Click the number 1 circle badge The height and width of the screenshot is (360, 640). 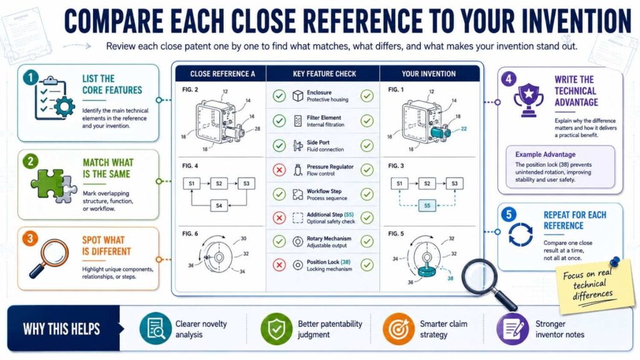pos(31,77)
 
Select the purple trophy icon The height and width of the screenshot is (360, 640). pos(529,99)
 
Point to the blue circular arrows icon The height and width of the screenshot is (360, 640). pos(521,234)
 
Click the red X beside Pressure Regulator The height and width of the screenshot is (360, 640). pos(279,170)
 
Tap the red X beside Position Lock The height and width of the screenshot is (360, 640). pos(279,265)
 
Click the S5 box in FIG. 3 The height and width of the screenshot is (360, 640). pos(427,206)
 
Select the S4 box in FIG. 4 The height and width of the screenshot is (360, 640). pos(219,206)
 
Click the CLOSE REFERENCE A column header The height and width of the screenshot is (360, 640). pos(222,74)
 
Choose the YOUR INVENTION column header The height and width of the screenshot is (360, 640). pos(429,74)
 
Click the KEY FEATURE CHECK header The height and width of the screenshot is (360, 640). pos(324,74)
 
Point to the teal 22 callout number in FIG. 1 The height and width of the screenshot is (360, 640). pos(464,129)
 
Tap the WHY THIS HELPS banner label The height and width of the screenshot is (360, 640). pos(61,329)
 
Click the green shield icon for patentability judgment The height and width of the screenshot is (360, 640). pos(276,329)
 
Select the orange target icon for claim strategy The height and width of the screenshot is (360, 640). pos(399,329)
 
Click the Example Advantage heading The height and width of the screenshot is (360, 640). pos(545,154)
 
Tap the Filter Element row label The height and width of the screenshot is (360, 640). pos(324,117)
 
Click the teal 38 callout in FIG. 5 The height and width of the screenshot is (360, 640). pos(450,278)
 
